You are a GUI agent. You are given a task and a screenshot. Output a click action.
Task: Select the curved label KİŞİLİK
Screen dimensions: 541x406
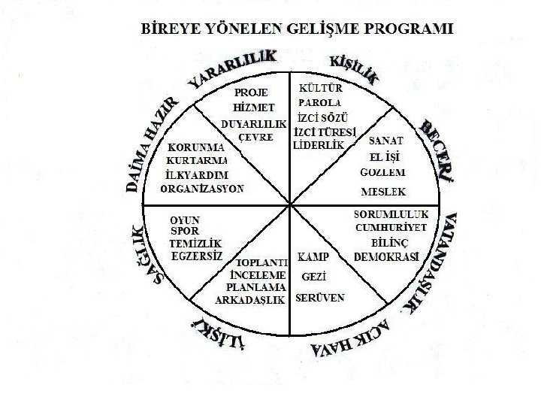(x=354, y=68)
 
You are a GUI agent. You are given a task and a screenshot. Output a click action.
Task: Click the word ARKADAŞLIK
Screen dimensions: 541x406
(x=249, y=298)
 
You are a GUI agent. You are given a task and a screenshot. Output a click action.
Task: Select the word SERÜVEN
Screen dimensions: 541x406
(x=320, y=298)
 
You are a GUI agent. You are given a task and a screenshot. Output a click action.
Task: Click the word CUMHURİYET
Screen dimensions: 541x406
(x=391, y=228)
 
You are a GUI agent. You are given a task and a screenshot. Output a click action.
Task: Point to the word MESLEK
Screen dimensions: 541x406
(x=382, y=189)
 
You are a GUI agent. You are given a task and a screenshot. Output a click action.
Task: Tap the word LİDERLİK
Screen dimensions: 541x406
(x=319, y=144)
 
